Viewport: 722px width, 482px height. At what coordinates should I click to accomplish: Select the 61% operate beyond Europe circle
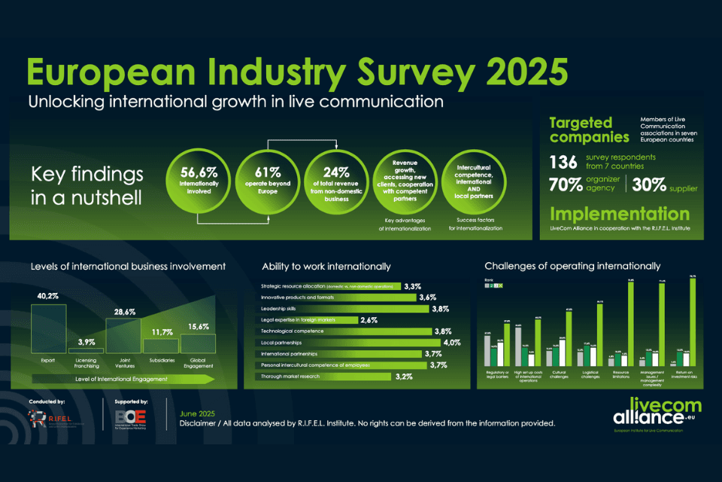coord(267,181)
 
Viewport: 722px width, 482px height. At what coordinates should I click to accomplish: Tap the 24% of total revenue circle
coord(337,181)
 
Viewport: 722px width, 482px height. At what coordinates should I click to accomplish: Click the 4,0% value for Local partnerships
coord(452,343)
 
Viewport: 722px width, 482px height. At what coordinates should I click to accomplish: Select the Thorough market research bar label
coord(289,376)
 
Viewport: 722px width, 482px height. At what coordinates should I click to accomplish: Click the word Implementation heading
coord(619,214)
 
